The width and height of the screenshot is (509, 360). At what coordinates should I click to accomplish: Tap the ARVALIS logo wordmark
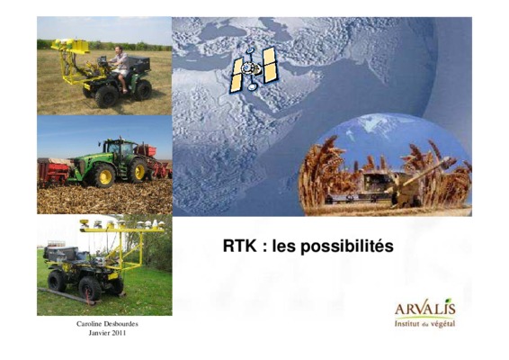click(425, 309)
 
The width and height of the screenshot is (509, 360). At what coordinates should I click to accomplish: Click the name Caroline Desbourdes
click(107, 324)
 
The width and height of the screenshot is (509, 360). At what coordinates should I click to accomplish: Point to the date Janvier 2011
click(107, 333)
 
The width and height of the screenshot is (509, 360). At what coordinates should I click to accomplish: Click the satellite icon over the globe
click(254, 69)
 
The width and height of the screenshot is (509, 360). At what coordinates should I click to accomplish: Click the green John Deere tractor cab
click(119, 149)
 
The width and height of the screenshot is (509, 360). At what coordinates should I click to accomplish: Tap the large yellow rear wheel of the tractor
click(104, 175)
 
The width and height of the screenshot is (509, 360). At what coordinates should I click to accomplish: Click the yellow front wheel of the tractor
click(138, 171)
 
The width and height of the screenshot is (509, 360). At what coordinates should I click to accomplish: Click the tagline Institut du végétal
click(425, 324)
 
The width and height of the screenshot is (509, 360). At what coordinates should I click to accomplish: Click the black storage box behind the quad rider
click(139, 64)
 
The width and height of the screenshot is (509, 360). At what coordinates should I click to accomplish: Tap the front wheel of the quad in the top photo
click(106, 96)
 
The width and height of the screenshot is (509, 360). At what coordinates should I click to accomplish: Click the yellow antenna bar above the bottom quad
click(121, 230)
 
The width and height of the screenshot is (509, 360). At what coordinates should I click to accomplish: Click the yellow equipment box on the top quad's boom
click(79, 46)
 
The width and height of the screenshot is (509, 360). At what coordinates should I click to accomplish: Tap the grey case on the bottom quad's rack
click(62, 254)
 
